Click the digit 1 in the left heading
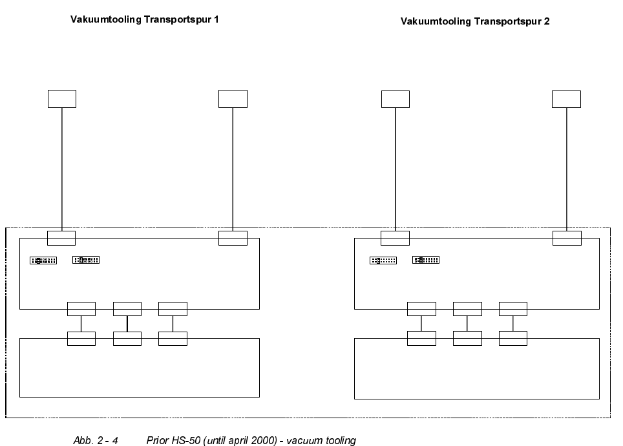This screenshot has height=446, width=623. (x=216, y=19)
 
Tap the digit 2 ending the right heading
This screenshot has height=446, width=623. (x=547, y=21)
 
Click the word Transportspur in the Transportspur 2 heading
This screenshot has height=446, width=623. (x=508, y=21)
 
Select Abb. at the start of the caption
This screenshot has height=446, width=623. (x=82, y=441)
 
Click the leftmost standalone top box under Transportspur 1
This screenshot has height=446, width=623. (x=62, y=99)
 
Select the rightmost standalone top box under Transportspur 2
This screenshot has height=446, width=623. (x=566, y=99)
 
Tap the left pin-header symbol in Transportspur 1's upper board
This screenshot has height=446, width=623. (x=43, y=260)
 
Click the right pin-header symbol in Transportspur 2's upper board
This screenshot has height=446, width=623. (x=426, y=260)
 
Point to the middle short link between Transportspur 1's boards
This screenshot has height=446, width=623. (x=127, y=324)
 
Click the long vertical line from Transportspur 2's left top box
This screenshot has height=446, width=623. (x=395, y=168)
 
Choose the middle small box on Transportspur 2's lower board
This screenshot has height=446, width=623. (x=467, y=338)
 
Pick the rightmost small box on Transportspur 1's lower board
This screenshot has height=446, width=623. (x=173, y=339)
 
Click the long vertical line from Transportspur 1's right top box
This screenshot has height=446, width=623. (x=233, y=168)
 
